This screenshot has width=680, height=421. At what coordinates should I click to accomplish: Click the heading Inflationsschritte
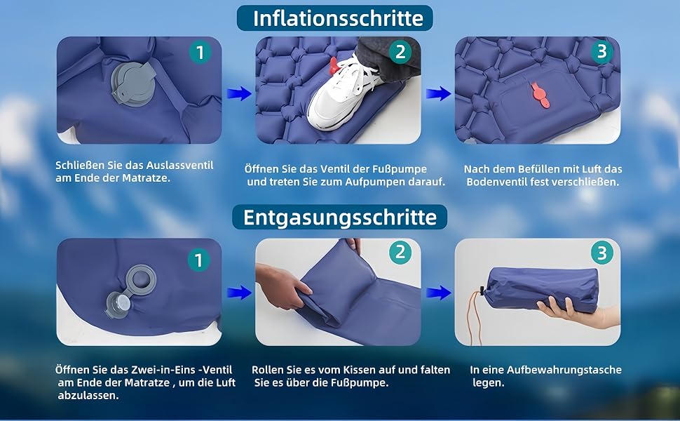pyautogui.click(x=338, y=18)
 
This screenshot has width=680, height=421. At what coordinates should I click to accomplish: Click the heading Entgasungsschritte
pyautogui.click(x=339, y=217)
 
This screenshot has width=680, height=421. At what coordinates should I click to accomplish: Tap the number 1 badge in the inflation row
pyautogui.click(x=200, y=53)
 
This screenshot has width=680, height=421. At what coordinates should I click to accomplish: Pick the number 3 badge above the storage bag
pyautogui.click(x=602, y=253)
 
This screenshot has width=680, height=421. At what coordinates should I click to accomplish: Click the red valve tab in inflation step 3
pyautogui.click(x=540, y=95)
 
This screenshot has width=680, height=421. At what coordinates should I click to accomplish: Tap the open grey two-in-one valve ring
pyautogui.click(x=141, y=280)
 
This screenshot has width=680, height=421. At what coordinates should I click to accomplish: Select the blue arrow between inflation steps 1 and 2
pyautogui.click(x=239, y=93)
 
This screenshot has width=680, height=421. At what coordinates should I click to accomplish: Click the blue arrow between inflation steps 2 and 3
pyautogui.click(x=438, y=93)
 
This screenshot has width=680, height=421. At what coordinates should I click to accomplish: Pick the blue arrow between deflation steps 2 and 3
pyautogui.click(x=438, y=293)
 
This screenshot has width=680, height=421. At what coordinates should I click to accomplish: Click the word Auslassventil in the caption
pyautogui.click(x=179, y=166)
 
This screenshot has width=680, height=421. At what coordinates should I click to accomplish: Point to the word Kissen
pyautogui.click(x=359, y=370)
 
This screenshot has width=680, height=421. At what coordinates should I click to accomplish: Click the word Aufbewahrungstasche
pyautogui.click(x=564, y=370)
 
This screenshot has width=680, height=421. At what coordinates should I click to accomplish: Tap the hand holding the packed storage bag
pyautogui.click(x=577, y=312)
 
